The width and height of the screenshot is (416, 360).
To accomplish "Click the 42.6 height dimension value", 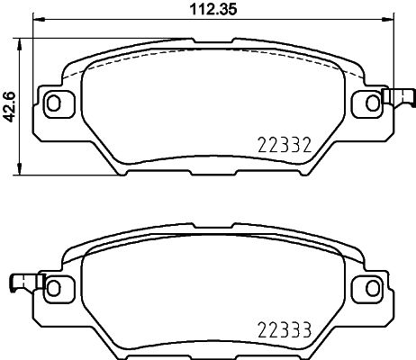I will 10,103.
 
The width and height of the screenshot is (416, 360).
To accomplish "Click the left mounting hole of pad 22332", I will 54,103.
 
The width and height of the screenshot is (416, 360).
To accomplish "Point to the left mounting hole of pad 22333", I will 54,288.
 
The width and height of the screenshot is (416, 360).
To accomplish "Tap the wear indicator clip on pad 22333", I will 22,284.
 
